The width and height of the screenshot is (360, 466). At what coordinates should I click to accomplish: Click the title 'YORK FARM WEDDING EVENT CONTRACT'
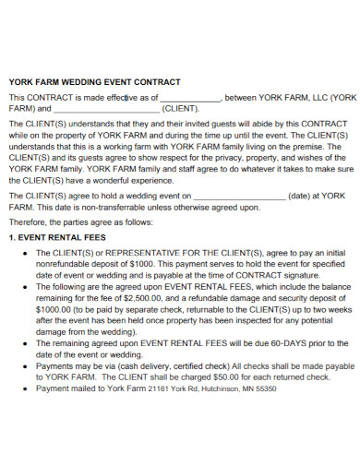coord(94,82)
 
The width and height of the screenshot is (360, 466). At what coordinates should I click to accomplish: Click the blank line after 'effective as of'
coord(190,98)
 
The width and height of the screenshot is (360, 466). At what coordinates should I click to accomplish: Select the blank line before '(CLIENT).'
coord(106,109)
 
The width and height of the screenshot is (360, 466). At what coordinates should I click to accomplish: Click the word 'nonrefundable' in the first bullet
coord(65,264)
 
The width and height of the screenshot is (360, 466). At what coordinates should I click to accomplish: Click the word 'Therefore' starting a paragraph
coord(30,222)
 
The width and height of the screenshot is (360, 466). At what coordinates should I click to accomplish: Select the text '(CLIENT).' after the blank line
coord(181,109)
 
